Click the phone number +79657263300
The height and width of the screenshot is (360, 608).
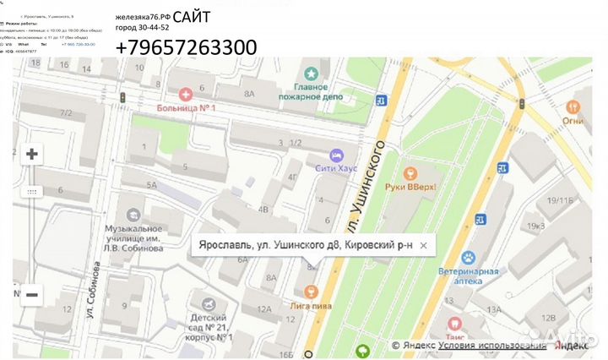tap(186, 48)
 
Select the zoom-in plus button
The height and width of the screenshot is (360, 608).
tap(32, 154)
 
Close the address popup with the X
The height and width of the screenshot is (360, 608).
tap(424, 245)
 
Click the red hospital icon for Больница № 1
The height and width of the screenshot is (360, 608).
tap(185, 95)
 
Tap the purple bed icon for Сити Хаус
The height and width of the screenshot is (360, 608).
tap(336, 155)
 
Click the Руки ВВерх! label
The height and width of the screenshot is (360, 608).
tap(409, 187)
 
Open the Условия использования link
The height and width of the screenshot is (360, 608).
tap(492, 346)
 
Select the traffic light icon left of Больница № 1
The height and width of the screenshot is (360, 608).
tap(123, 100)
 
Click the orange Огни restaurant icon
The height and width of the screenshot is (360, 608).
tap(573, 106)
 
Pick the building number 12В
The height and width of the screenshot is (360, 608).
tap(548, 319)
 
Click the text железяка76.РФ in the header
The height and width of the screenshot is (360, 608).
tap(143, 17)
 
